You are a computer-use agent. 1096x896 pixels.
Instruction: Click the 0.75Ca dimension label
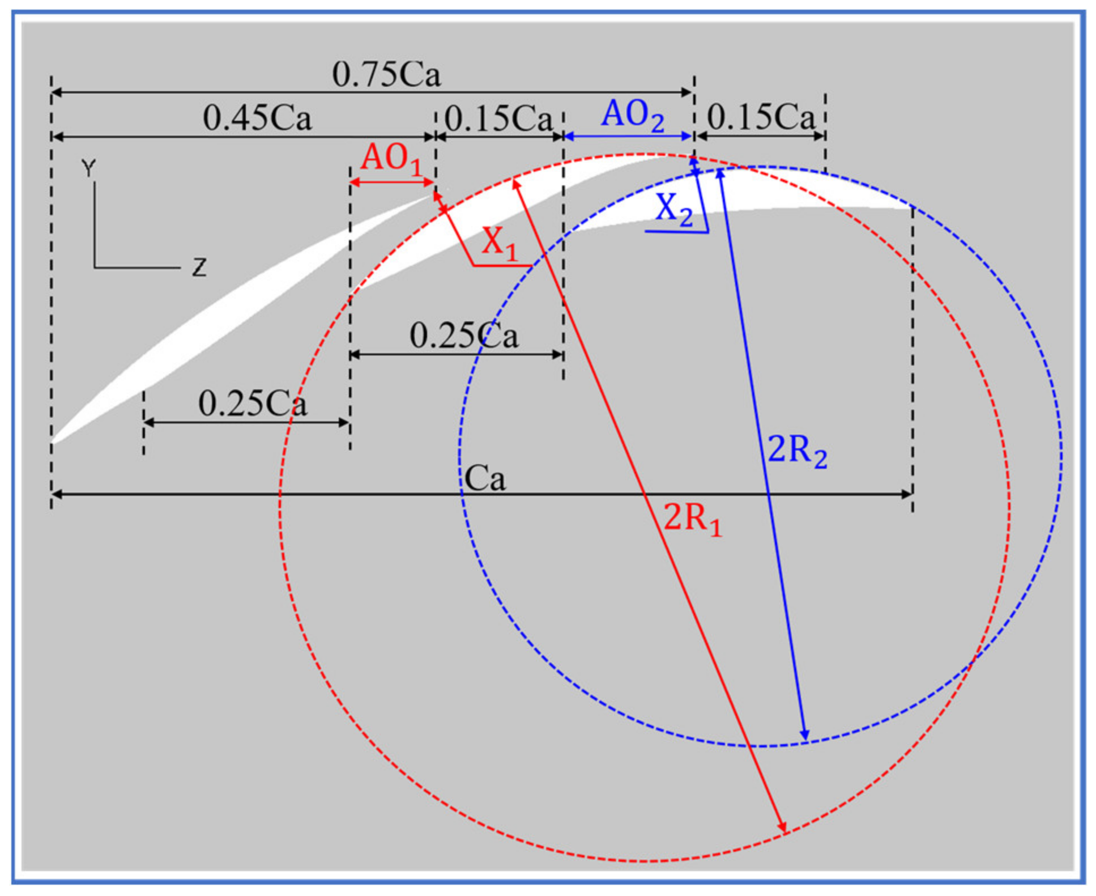click(386, 74)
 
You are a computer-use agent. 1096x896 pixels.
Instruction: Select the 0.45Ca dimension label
click(257, 118)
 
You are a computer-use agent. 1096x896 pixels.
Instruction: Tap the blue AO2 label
click(632, 116)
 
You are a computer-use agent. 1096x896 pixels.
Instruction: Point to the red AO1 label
click(391, 159)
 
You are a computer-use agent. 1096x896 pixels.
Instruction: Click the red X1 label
click(500, 244)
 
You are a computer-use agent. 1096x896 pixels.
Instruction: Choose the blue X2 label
click(674, 209)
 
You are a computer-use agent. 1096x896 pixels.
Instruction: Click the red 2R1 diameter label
click(693, 519)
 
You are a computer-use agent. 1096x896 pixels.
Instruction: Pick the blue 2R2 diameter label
click(797, 452)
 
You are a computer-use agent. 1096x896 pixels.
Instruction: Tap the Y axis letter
click(88, 168)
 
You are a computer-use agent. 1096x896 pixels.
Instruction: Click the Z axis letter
click(199, 267)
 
